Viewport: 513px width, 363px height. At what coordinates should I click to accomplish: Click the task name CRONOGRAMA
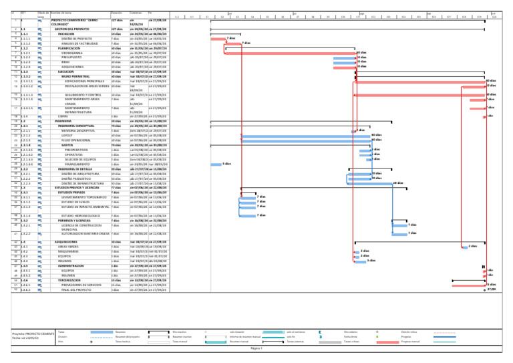74,53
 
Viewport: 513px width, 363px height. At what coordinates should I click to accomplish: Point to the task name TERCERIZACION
69,280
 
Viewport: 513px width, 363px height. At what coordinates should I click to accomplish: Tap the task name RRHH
64,62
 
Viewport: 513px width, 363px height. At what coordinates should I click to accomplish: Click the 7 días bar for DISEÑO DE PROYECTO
218,38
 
